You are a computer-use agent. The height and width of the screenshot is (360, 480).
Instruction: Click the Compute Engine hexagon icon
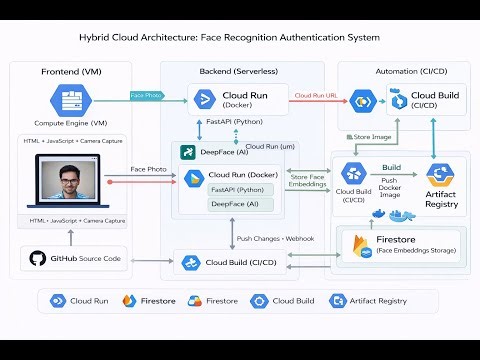[71, 102]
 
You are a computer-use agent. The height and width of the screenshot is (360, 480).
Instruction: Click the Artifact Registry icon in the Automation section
[440, 174]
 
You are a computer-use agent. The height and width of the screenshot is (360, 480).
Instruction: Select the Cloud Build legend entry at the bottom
[284, 300]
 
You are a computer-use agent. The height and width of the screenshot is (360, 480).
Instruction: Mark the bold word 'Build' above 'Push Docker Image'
[391, 168]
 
